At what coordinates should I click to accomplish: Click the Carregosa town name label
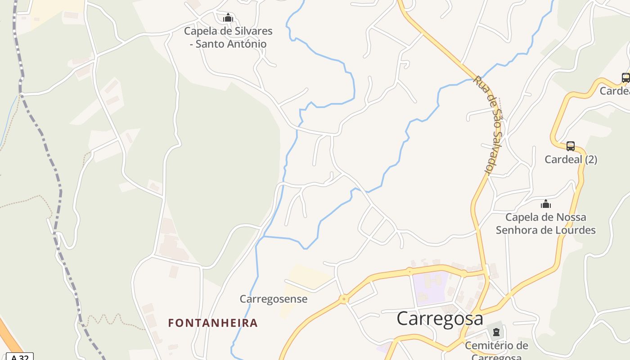(440, 319)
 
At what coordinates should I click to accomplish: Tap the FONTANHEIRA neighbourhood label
(213, 323)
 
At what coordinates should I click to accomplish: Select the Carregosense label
(274, 299)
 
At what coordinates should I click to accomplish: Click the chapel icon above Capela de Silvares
(228, 18)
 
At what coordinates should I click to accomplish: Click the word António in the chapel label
(247, 44)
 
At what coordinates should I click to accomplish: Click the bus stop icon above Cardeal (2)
(571, 146)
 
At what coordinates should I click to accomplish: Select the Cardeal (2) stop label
(571, 159)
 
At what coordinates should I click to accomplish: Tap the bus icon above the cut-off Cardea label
(625, 78)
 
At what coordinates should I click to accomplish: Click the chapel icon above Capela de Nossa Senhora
(546, 204)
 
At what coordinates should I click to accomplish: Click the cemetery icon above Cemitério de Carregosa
(496, 333)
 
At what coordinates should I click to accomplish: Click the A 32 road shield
(20, 357)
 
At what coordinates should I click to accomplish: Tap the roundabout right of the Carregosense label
(344, 299)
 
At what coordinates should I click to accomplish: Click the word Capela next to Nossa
(522, 217)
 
